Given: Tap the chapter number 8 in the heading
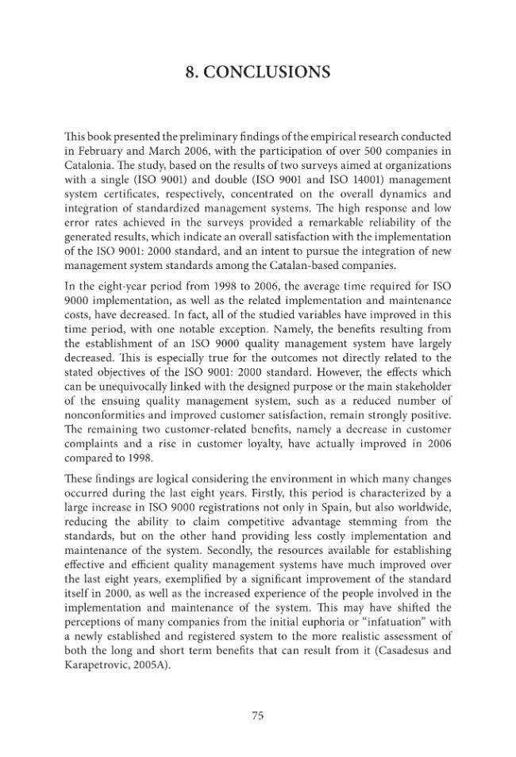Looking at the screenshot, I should click(x=191, y=73).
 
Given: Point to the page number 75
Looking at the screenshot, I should click(x=257, y=715).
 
